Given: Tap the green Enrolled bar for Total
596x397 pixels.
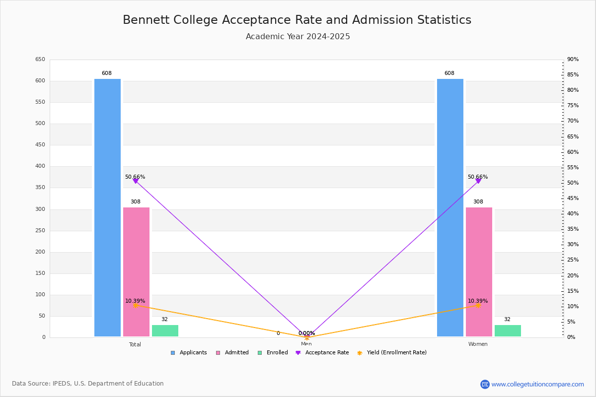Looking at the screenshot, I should [x=165, y=331].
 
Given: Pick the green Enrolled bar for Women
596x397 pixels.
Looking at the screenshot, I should [x=508, y=331].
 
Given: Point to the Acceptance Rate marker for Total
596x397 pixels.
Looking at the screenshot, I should [x=136, y=181].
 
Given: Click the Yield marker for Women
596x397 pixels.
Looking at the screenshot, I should [x=478, y=306].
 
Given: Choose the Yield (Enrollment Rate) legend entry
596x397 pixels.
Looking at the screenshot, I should [x=392, y=353].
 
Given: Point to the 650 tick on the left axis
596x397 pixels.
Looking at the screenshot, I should [x=40, y=60].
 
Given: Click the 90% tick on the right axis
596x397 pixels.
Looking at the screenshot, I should [x=573, y=60].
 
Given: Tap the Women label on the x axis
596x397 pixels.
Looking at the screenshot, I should [x=478, y=344].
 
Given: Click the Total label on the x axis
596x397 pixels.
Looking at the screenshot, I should [x=135, y=344].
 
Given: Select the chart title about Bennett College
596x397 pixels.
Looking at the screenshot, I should [x=297, y=20].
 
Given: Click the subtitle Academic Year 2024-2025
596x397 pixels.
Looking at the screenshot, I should [x=298, y=37].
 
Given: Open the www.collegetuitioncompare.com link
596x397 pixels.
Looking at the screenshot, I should [x=537, y=384].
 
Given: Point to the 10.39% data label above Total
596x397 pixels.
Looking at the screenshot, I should [x=135, y=301].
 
